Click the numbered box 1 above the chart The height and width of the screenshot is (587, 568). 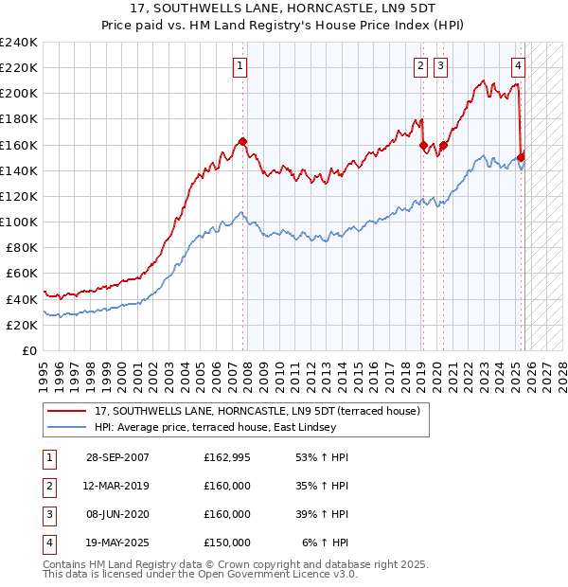[240, 65]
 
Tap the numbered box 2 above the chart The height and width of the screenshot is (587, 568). [419, 65]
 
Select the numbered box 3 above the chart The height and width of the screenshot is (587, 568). [441, 65]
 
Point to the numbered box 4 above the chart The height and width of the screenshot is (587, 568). [519, 65]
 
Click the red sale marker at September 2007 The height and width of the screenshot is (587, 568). [243, 141]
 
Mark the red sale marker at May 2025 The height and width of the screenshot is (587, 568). [522, 157]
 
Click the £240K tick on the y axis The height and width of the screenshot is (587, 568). [18, 43]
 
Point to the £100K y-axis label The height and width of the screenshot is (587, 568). [18, 222]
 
